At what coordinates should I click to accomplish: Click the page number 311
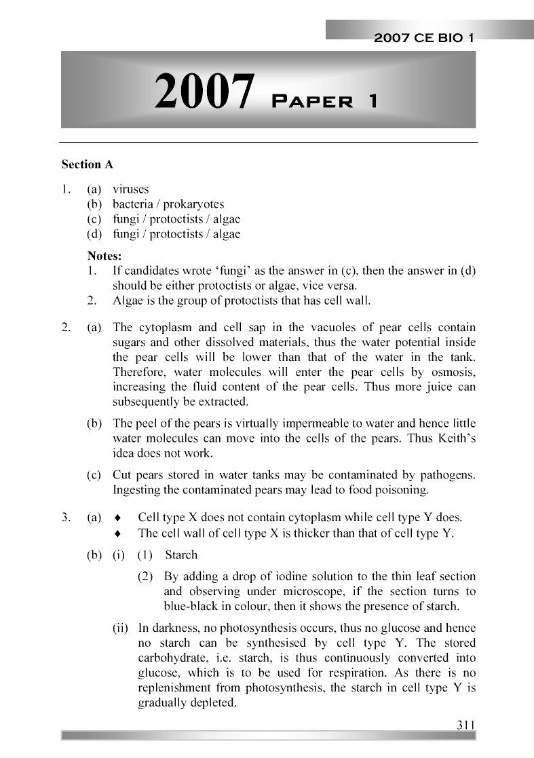465,724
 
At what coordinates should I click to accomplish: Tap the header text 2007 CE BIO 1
423,39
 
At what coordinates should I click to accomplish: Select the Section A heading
87,164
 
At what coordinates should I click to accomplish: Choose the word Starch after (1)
181,554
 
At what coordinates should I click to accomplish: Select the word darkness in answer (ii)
172,628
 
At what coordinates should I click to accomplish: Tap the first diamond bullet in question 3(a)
118,518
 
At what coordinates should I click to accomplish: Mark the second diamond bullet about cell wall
118,533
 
